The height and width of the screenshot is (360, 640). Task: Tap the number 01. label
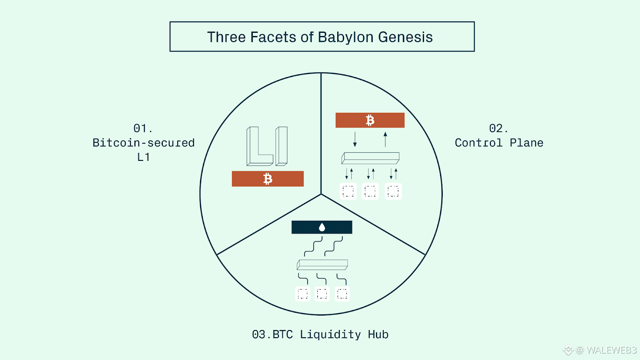point(143,128)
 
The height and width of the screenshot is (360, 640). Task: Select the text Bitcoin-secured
point(144,142)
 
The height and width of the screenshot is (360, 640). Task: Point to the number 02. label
point(498,128)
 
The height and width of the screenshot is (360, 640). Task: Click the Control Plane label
point(499,142)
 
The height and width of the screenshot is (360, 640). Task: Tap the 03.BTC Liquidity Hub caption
point(320,334)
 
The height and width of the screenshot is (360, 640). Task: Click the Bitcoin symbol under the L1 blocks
point(268,179)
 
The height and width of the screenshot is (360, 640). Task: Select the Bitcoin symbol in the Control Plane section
point(370,120)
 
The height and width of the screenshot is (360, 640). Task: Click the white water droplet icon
point(322,228)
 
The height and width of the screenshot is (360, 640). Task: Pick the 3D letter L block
point(260,146)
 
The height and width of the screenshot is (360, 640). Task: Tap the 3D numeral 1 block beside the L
point(282,146)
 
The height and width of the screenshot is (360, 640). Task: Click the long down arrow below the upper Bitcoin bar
point(355,139)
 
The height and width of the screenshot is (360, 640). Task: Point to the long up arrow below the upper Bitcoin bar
point(385,140)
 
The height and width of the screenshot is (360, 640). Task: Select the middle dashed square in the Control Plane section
point(370,191)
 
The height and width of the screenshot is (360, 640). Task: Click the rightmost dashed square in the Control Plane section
point(393,191)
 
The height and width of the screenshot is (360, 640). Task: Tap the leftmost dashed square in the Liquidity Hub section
point(302,294)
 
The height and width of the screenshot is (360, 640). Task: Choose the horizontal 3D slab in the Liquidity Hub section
point(322,265)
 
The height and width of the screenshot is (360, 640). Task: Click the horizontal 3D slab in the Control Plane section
point(370,158)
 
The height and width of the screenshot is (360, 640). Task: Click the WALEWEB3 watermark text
point(612,350)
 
